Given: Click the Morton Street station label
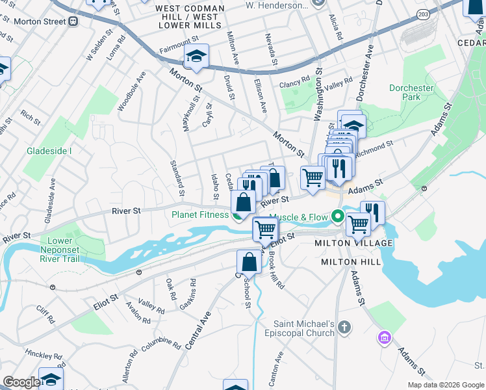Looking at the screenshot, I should [38, 21].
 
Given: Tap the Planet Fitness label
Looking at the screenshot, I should [199, 214].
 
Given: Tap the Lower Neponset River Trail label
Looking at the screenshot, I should [66, 250].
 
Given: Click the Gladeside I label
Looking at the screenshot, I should [49, 151].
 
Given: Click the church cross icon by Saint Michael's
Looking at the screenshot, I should [345, 326].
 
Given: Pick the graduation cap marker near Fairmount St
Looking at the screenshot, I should [196, 56].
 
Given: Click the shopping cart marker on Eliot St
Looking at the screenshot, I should [266, 229].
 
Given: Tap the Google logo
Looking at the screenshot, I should [21, 382].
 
